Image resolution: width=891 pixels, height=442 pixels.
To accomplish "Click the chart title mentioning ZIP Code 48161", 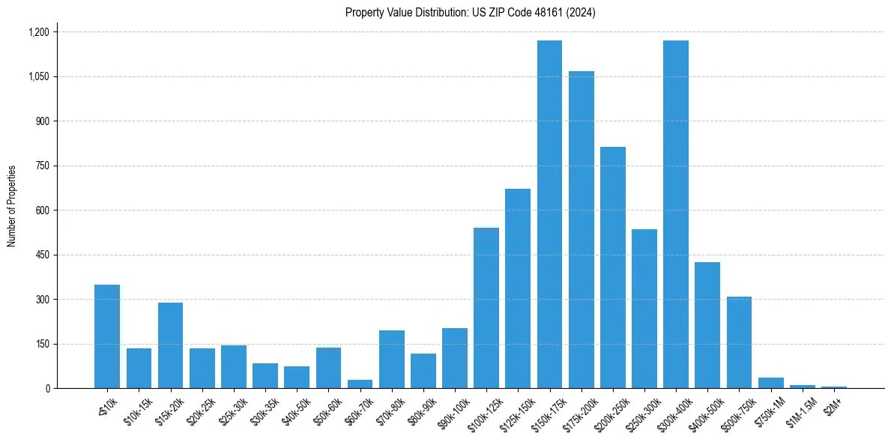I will tap(470, 13).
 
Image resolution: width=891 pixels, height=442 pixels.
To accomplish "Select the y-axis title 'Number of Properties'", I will tap(12, 205).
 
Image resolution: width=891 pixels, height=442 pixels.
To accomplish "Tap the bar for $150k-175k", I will tap(549, 214).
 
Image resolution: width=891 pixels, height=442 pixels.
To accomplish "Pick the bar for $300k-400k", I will tap(675, 214).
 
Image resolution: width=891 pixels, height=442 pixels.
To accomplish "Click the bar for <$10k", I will tap(107, 336).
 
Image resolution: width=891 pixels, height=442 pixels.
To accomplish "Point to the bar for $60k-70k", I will tap(360, 384).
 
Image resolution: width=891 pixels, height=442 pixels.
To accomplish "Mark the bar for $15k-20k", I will tap(170, 345).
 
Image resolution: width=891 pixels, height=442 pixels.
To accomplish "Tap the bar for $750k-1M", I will tap(770, 383).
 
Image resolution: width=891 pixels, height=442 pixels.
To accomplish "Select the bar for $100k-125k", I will tap(486, 308).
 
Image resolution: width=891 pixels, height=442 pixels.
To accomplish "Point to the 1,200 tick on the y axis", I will tap(38, 32).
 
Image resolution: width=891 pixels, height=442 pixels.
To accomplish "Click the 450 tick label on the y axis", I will tap(42, 255).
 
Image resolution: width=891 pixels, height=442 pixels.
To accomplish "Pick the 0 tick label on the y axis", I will tap(47, 388).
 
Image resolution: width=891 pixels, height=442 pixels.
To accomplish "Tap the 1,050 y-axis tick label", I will tap(38, 76).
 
